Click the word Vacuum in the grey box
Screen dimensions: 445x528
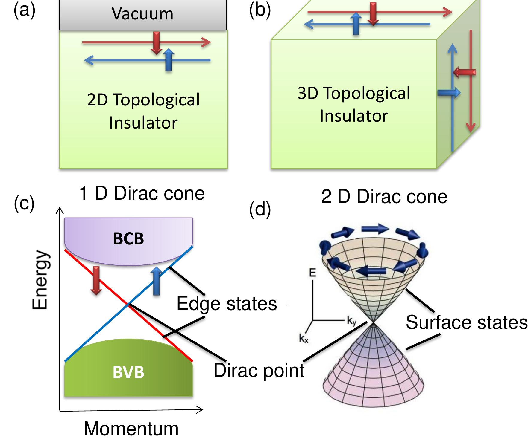142,14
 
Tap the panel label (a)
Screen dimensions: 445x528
25,10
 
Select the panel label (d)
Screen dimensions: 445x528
260,209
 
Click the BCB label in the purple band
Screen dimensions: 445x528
128,239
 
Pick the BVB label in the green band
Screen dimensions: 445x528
128,372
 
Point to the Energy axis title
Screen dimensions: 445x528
40,280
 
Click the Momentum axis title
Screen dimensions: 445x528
131,429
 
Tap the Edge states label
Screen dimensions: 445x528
227,304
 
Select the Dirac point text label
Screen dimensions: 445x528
259,370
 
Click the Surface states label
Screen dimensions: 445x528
466,322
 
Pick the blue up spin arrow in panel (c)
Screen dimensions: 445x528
156,281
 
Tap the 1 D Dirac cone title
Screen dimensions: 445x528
142,193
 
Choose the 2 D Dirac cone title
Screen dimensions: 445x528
384,197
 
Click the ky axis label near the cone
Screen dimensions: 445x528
351,321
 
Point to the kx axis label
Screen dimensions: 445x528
304,339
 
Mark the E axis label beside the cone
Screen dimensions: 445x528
312,273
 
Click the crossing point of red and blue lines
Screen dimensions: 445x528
129,305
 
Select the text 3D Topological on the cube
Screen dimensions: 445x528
353,93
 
